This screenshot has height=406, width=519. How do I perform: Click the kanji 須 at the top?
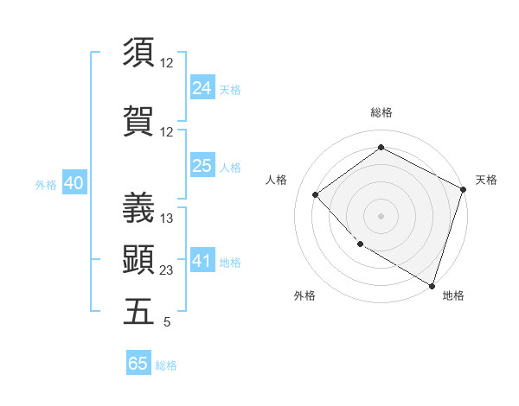[139, 52]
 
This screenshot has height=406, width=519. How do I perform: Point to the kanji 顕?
[139, 259]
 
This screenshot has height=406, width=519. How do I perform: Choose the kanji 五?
[139, 311]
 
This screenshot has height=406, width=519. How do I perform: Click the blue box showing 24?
[202, 88]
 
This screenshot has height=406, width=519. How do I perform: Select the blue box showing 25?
[202, 167]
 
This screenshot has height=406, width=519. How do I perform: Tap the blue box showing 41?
[202, 261]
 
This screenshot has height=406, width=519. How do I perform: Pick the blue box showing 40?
[73, 183]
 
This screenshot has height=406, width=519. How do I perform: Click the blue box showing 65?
[138, 364]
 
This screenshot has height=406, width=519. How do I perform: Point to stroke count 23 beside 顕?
[167, 270]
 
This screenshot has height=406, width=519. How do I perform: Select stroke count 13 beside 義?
[167, 219]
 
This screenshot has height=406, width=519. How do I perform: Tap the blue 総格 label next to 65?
[166, 365]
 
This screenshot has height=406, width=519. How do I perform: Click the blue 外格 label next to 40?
[45, 185]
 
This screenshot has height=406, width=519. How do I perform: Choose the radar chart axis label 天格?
[486, 180]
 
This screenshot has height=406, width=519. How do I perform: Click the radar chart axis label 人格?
[276, 180]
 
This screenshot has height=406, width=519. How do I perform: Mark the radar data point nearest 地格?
[432, 285]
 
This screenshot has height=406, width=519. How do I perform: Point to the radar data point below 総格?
[381, 148]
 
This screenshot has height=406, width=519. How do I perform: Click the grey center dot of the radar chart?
[381, 215]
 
